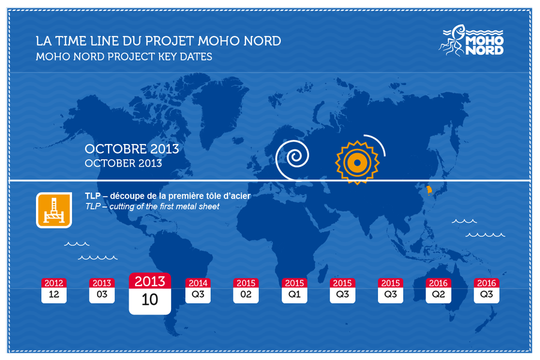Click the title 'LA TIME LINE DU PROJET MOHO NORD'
[x=158, y=41]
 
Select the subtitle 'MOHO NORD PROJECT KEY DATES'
[x=124, y=56]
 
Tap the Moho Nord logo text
[x=485, y=46]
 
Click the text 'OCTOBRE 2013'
[x=132, y=149]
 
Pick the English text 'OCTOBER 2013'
[x=123, y=163]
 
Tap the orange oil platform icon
[x=54, y=210]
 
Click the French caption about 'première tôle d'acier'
[x=168, y=196]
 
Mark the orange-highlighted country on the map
[x=429, y=190]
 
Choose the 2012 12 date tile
[x=54, y=291]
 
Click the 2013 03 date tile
[x=102, y=291]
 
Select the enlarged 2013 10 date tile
[x=150, y=293]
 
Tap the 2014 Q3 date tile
[x=198, y=291]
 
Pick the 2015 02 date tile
[x=246, y=291]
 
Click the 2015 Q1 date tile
[x=295, y=291]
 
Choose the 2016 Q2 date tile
[x=439, y=291]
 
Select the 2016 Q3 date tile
[x=487, y=291]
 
